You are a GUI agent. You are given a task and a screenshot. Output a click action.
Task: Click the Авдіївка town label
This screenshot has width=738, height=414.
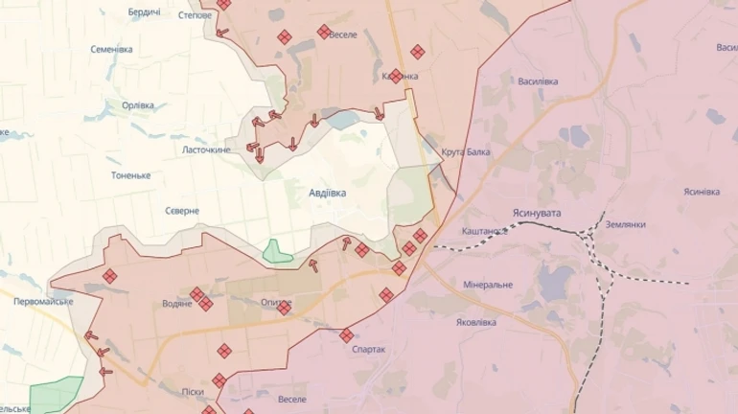pyautogui.click(x=327, y=193)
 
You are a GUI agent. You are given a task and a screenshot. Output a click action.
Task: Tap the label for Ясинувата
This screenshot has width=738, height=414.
pyautogui.click(x=538, y=212)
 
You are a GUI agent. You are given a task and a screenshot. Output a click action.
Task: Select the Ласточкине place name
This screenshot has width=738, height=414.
pyautogui.click(x=206, y=149)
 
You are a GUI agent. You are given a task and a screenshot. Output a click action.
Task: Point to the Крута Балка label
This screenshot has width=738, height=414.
pyautogui.click(x=466, y=152)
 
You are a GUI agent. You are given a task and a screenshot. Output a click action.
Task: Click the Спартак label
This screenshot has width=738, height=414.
pyautogui.click(x=368, y=350)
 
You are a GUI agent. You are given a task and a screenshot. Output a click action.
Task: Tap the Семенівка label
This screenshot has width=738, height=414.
pyautogui.click(x=111, y=49)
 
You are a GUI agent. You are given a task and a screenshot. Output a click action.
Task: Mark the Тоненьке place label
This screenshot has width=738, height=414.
pyautogui.click(x=130, y=175)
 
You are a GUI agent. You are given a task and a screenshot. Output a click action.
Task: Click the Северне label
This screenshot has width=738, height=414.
pyautogui.click(x=181, y=211)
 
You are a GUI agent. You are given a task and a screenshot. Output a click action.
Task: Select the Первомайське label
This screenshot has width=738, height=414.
pyautogui.click(x=44, y=301)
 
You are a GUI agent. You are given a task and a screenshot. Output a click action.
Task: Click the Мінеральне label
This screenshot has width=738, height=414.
pyautogui.click(x=488, y=285)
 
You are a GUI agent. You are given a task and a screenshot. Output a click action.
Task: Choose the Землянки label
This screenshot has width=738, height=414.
pyautogui.click(x=625, y=224)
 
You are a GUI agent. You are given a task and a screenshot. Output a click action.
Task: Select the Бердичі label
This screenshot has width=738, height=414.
pyautogui.click(x=145, y=11)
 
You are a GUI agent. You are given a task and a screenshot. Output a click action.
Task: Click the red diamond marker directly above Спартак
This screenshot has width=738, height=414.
pyautogui.click(x=346, y=335)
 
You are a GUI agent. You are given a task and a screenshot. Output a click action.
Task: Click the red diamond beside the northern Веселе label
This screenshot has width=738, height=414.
pyautogui.click(x=324, y=32)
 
